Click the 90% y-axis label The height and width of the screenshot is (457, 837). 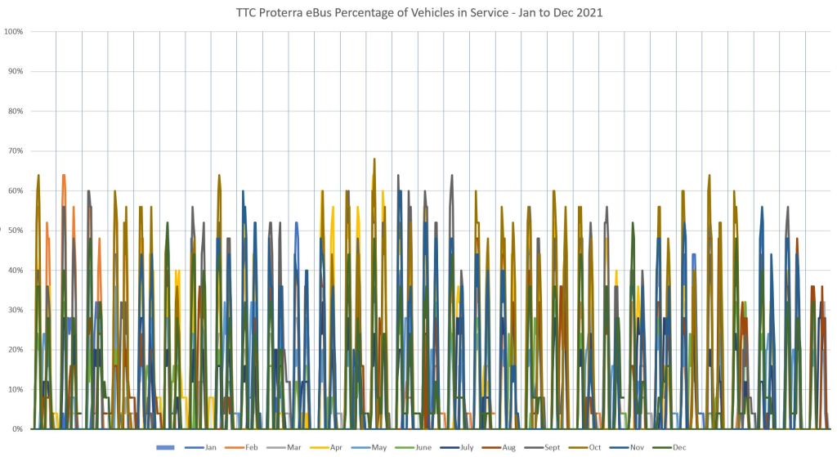[15, 71]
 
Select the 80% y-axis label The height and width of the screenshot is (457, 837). [15, 111]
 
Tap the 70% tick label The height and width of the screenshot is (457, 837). [15, 151]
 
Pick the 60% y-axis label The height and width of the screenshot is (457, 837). [15, 190]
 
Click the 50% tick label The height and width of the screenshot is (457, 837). [15, 231]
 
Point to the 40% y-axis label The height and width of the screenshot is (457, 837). [15, 270]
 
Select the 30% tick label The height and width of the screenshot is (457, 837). [15, 310]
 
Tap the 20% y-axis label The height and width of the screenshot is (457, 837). [15, 350]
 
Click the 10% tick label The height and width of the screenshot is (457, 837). [15, 389]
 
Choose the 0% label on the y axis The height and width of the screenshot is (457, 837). [16, 429]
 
